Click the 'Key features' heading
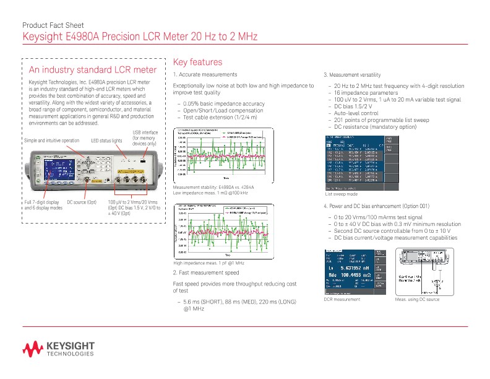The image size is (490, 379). point(197,63)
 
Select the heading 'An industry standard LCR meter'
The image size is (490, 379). point(93,69)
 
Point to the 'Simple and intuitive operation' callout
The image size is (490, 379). point(51,141)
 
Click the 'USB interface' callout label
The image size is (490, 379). point(145,138)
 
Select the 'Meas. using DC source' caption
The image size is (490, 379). point(416,299)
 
